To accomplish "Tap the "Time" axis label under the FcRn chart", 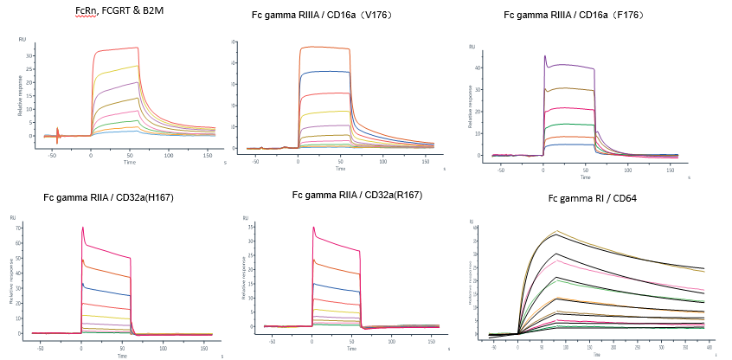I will [129, 162].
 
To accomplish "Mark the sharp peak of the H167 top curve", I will [82, 228].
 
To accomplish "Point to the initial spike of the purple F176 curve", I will [544, 56].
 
